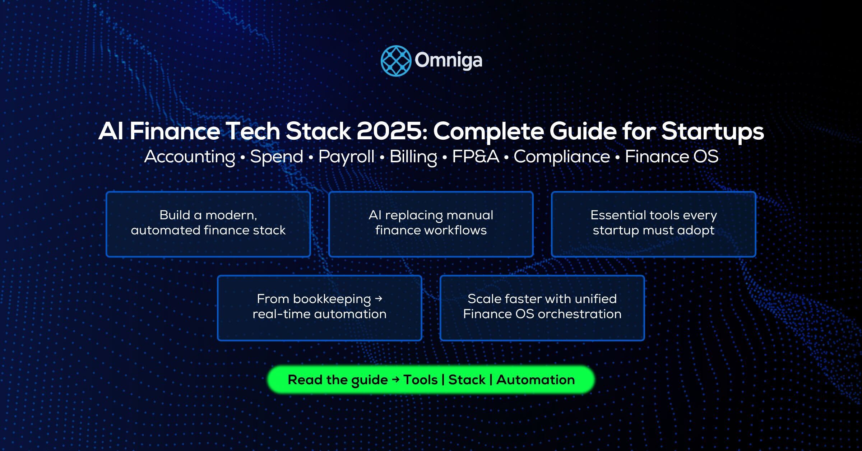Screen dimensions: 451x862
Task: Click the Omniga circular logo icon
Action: pos(395,61)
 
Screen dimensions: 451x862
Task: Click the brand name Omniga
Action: pos(448,60)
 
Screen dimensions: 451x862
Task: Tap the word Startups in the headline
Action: pos(713,132)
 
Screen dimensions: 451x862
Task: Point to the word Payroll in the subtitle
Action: pos(346,157)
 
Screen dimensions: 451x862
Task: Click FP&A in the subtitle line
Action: pos(476,157)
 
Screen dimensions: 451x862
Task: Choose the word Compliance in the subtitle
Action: pos(562,157)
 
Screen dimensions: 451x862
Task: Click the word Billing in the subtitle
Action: pos(413,157)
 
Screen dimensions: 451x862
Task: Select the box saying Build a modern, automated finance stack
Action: pos(208,224)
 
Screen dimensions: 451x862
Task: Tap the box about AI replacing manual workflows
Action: pos(431,224)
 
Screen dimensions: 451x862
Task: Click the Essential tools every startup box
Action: pos(653,224)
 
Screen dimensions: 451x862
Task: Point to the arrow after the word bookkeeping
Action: pos(378,298)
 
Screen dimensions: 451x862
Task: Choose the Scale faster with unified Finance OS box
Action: pos(542,308)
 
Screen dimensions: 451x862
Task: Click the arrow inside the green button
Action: pos(396,380)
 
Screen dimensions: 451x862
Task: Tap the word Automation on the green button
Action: pos(535,380)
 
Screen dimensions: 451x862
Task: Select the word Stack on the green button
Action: pos(467,380)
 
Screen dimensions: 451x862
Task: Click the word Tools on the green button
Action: pos(420,380)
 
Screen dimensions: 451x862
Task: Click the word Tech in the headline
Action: pos(254,131)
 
